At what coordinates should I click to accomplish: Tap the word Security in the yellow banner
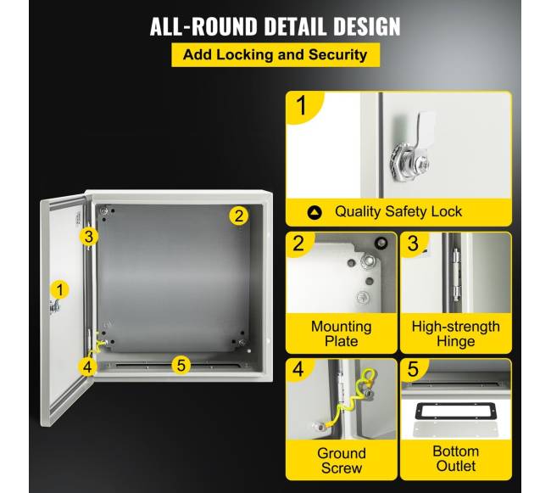[337, 55]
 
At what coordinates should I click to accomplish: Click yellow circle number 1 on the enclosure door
[59, 289]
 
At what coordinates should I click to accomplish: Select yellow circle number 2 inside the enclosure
[238, 216]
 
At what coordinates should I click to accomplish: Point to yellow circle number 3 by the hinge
[88, 236]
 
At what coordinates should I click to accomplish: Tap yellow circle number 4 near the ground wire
[87, 367]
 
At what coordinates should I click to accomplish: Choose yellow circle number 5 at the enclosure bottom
[181, 366]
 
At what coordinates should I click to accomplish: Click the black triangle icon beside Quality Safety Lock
[314, 212]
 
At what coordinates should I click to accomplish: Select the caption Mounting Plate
[342, 333]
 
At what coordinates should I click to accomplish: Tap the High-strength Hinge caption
[456, 333]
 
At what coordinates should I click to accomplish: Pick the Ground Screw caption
[342, 461]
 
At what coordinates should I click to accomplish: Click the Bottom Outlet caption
[456, 458]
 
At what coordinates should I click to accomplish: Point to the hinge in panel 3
[456, 274]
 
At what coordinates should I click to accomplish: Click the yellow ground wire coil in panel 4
[355, 395]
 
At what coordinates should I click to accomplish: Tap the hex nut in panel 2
[368, 261]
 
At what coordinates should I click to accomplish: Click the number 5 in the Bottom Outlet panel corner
[413, 369]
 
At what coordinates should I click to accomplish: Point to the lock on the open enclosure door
[54, 307]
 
